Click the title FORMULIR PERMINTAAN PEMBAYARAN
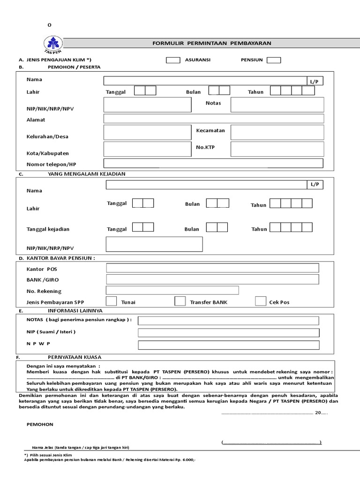point(212,43)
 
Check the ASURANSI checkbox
point(173,60)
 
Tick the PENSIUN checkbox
point(274,60)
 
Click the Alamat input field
point(213,119)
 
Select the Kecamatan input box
point(277,133)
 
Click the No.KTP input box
point(277,149)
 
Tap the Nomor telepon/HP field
point(213,164)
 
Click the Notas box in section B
point(277,105)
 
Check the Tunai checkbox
point(112,301)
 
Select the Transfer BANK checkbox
point(180,301)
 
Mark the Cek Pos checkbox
point(261,301)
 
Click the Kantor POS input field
point(212,268)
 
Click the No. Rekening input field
point(172,290)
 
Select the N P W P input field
point(228,345)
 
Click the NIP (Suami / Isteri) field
point(228,333)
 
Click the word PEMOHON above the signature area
point(40,424)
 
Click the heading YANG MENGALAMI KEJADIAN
point(86,174)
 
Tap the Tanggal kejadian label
point(48,229)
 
